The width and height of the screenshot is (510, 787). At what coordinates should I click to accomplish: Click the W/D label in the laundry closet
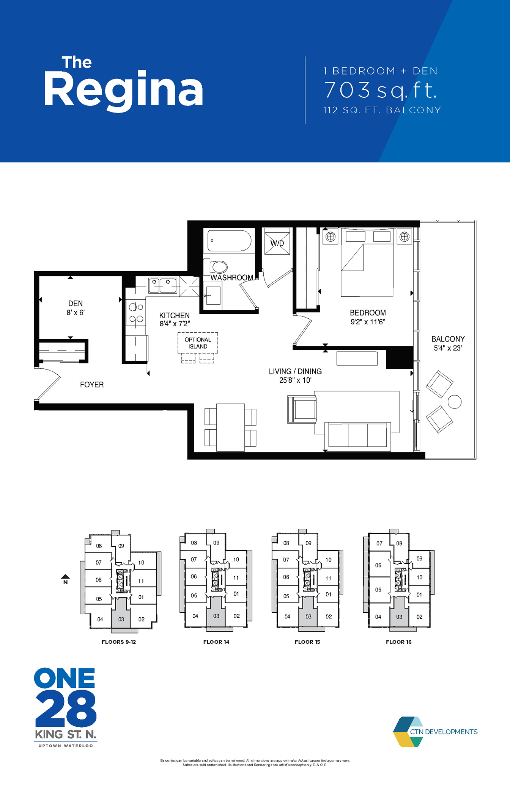click(x=277, y=243)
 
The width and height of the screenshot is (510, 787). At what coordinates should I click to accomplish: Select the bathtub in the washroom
click(x=229, y=241)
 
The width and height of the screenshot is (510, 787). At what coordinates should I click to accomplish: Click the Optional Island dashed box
click(x=198, y=343)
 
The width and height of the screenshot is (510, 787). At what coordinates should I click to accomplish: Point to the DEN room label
click(x=76, y=304)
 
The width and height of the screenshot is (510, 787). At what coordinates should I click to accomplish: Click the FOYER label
click(x=92, y=385)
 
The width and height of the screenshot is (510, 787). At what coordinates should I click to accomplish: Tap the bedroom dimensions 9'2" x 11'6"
click(x=368, y=322)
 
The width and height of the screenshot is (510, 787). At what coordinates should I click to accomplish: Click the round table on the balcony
click(x=455, y=402)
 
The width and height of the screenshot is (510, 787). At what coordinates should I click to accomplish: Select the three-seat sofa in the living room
click(x=357, y=436)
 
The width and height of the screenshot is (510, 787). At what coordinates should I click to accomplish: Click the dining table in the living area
click(x=230, y=427)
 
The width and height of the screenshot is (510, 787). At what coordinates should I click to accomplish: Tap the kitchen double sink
click(x=162, y=286)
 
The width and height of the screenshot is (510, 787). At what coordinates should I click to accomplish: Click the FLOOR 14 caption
click(x=216, y=642)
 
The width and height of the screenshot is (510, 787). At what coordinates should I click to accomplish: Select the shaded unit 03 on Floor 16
click(x=399, y=616)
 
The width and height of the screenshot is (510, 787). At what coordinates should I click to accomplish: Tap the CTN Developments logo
click(x=435, y=732)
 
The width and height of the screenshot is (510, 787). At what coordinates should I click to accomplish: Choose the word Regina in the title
click(x=123, y=90)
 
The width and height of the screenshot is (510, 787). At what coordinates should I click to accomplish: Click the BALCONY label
click(x=448, y=339)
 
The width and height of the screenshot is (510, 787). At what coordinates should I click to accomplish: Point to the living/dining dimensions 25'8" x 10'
click(x=295, y=380)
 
